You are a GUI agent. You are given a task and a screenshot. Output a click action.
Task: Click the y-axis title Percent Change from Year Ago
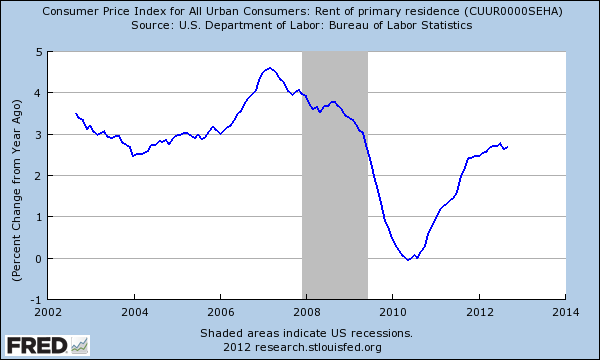pyautogui.click(x=17, y=174)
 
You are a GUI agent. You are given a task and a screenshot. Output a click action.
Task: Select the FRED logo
pyautogui.click(x=45, y=345)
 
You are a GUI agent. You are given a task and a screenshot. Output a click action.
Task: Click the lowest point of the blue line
pyautogui.click(x=408, y=260)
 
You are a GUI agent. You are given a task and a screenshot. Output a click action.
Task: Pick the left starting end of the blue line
pyautogui.click(x=76, y=114)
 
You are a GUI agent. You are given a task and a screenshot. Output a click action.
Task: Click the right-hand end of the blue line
pyautogui.click(x=508, y=147)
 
